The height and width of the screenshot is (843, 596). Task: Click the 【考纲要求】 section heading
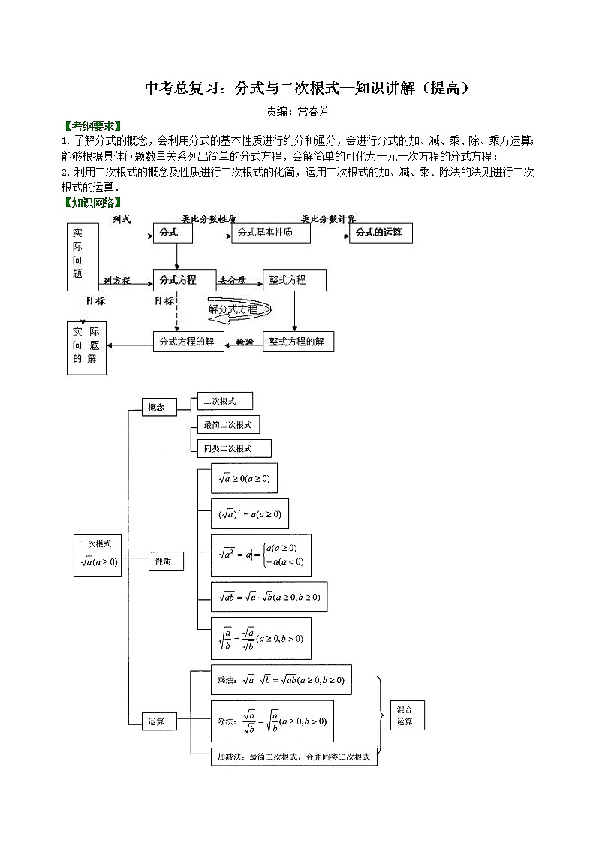click(92, 126)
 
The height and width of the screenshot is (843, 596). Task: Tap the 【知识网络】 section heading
click(92, 203)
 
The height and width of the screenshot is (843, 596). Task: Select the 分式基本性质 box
click(271, 233)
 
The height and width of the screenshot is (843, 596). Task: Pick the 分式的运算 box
click(380, 233)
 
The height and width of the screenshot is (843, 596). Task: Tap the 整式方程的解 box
click(297, 342)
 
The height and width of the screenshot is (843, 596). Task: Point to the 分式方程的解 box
click(188, 342)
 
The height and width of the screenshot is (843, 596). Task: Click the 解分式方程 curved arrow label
click(234, 309)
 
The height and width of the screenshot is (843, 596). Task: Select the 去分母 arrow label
click(232, 281)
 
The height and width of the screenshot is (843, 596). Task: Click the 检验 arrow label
click(245, 342)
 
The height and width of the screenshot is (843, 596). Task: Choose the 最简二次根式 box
click(227, 424)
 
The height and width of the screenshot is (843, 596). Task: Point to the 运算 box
click(161, 722)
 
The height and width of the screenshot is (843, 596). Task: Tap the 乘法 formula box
click(281, 679)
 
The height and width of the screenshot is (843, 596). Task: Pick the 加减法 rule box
click(293, 757)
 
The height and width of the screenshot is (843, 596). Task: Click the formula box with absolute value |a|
click(260, 555)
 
